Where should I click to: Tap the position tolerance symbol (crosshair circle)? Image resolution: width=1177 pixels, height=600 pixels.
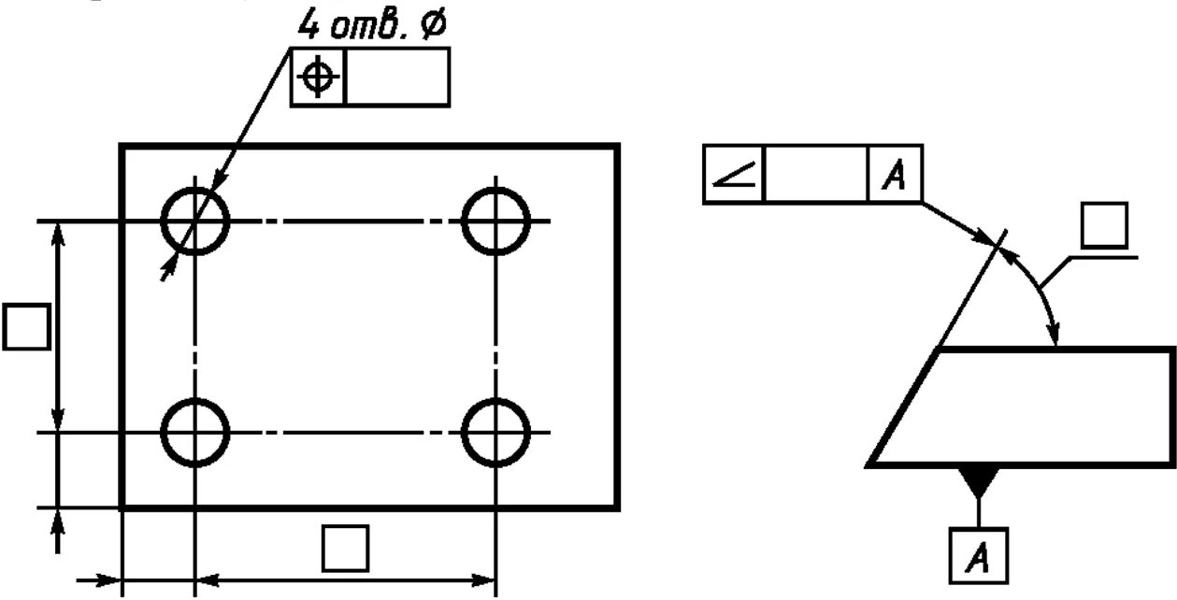coord(319,78)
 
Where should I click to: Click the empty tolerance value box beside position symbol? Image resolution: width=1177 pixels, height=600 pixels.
coord(397,78)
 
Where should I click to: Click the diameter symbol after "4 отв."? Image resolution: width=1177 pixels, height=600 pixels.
coord(433,25)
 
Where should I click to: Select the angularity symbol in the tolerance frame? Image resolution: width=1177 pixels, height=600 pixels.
coord(734,174)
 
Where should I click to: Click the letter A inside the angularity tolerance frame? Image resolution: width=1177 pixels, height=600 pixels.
coord(895,174)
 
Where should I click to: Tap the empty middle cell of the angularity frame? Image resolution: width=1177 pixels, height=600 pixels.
coord(816,174)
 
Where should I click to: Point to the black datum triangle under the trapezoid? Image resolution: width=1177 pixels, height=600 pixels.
coord(978,481)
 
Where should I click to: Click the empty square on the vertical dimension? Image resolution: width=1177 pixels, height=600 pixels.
coord(25,326)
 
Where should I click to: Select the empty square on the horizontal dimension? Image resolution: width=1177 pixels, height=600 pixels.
coord(345,548)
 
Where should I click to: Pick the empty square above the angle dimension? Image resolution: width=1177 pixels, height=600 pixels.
coord(1104,226)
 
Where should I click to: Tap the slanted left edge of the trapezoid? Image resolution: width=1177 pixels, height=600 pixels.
coord(903,407)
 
